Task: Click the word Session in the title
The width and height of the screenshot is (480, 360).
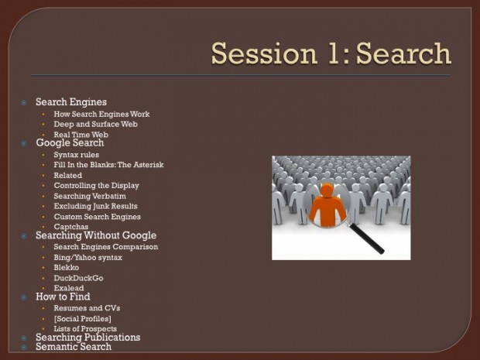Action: click(264, 53)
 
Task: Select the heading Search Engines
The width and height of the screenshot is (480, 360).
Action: click(71, 102)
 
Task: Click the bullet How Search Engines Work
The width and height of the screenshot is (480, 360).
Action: click(101, 114)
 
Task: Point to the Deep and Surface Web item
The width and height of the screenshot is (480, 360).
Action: click(95, 125)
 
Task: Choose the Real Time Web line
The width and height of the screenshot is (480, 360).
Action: click(81, 135)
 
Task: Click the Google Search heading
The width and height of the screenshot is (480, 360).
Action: click(70, 142)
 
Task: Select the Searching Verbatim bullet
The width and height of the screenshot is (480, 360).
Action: click(90, 196)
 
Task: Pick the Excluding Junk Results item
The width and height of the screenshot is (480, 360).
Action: click(95, 207)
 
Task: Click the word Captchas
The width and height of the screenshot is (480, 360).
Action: click(71, 227)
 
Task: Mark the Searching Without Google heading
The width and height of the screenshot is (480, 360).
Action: click(96, 235)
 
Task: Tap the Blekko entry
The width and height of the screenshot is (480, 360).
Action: click(66, 268)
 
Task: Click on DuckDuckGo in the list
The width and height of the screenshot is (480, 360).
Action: click(78, 278)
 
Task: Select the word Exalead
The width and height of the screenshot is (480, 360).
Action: click(69, 288)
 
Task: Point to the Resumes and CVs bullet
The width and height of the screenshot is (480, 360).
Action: click(87, 308)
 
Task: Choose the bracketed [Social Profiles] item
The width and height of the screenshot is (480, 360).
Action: click(82, 319)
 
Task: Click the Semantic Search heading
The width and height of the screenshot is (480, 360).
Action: click(74, 347)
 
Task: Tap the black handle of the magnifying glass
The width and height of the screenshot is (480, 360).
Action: click(367, 238)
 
